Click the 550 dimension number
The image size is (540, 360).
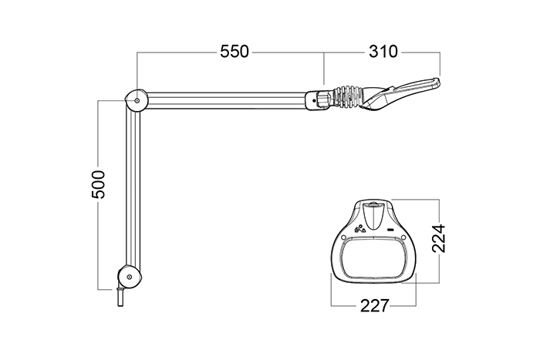[234, 52]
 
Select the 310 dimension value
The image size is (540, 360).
[383, 52]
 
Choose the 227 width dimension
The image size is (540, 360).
[375, 305]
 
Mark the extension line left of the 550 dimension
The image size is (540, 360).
[137, 69]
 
